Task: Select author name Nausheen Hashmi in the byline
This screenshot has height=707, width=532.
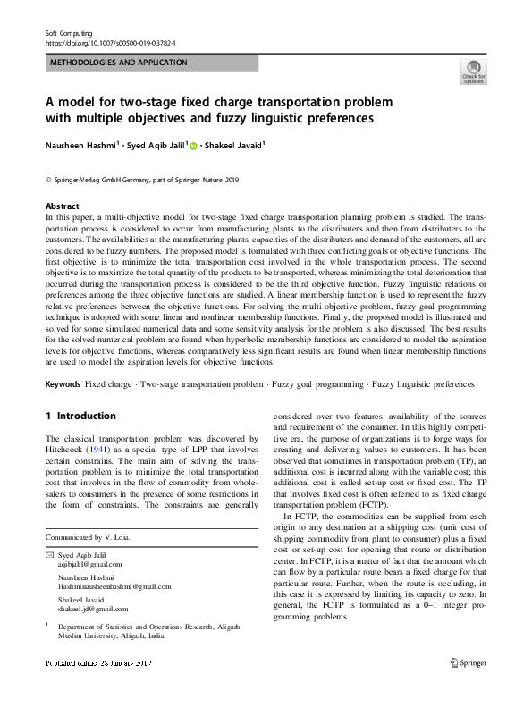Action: coord(81,144)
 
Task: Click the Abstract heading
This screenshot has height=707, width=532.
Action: coord(62,206)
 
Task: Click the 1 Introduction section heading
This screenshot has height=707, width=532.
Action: coord(80,416)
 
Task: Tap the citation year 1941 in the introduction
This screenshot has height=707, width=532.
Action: coord(109,450)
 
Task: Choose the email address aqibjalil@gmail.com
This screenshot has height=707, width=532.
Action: coord(89,565)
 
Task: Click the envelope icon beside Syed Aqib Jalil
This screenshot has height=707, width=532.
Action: coord(48,555)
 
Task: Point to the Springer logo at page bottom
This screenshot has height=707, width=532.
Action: coord(467,663)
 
